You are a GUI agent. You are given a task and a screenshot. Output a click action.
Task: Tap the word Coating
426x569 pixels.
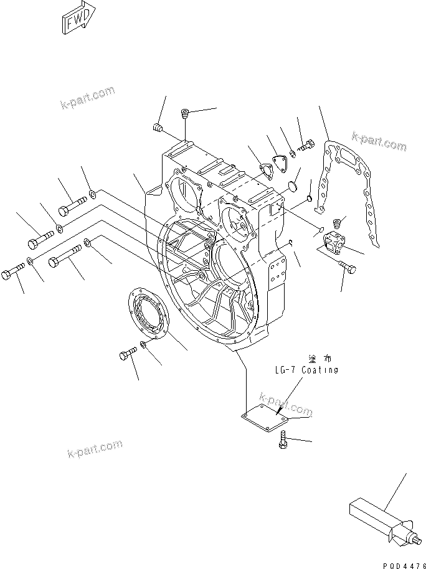(x=319, y=370)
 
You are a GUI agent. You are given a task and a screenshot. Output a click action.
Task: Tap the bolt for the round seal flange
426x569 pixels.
(x=126, y=355)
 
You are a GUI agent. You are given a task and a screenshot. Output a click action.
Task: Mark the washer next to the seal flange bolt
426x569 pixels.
(x=144, y=346)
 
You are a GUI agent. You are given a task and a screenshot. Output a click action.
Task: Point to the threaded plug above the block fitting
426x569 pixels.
(x=339, y=223)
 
